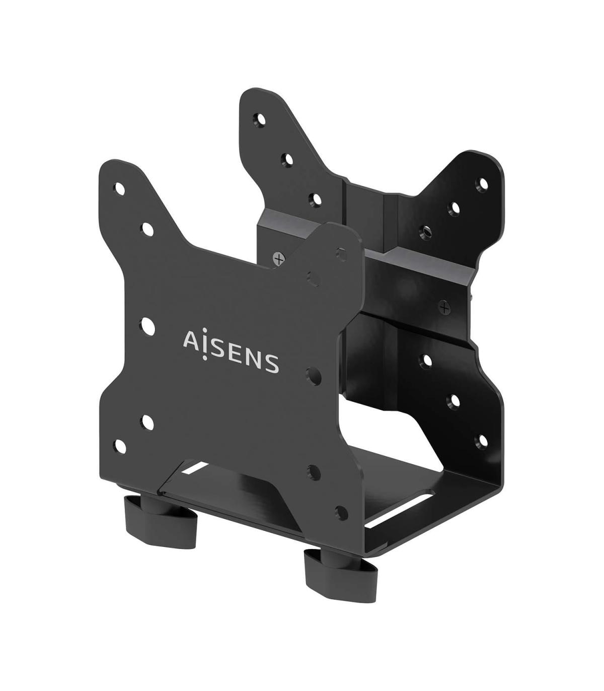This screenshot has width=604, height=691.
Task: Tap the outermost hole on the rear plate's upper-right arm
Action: point(483,182)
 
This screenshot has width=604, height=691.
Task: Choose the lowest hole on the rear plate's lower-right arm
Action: point(482,441)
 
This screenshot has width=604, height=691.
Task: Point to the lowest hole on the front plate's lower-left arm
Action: point(120,445)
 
